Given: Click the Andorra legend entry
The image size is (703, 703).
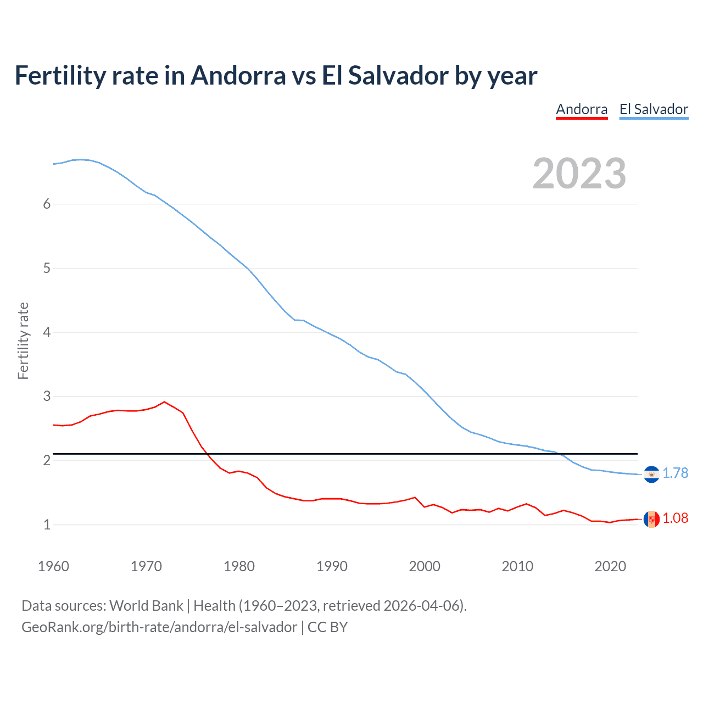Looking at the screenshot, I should pyautogui.click(x=582, y=109).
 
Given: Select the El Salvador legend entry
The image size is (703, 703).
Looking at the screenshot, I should pyautogui.click(x=654, y=109).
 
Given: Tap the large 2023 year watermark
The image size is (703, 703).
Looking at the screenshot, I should pyautogui.click(x=579, y=174).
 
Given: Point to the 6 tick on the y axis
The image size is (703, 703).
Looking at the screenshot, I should pyautogui.click(x=47, y=204).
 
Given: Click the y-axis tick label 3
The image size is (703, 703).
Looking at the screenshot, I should pyautogui.click(x=47, y=396).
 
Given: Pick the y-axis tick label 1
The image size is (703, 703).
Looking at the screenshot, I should pyautogui.click(x=47, y=525).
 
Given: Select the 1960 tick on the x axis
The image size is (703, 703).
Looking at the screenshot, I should pyautogui.click(x=53, y=566).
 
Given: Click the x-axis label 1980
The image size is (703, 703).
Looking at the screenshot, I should pyautogui.click(x=239, y=566).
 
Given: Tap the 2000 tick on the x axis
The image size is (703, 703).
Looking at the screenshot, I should pyautogui.click(x=425, y=566).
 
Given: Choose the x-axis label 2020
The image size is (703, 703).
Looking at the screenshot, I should pyautogui.click(x=610, y=566).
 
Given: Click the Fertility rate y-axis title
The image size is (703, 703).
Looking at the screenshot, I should pyautogui.click(x=23, y=341).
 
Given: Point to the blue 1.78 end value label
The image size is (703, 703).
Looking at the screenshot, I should pyautogui.click(x=675, y=473).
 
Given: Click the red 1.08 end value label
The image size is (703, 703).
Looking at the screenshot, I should pyautogui.click(x=675, y=518).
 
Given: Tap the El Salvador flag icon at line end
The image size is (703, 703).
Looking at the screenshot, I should pyautogui.click(x=651, y=474).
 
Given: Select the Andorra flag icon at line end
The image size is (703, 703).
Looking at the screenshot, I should pyautogui.click(x=651, y=519).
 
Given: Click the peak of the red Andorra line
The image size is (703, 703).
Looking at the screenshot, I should pyautogui.click(x=164, y=401).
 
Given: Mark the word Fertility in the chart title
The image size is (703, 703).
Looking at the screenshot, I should pyautogui.click(x=59, y=75).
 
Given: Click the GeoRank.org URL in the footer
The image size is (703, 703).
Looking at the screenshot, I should pyautogui.click(x=159, y=627).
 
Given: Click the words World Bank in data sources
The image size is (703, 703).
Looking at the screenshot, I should pyautogui.click(x=146, y=606).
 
